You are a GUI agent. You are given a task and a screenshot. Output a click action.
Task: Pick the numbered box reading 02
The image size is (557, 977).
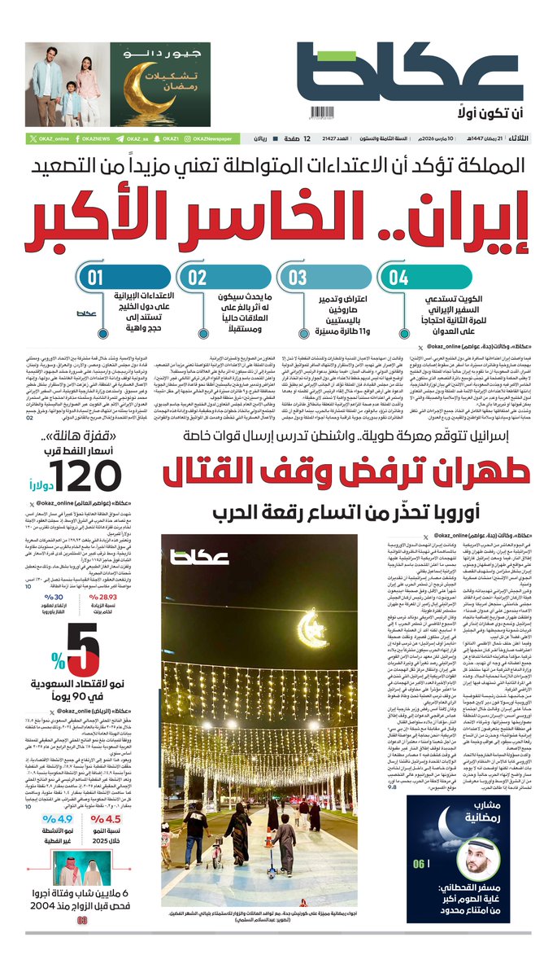198,278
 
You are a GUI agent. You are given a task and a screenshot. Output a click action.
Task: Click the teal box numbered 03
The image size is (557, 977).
298,278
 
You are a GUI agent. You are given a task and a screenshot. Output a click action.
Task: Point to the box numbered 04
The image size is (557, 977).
398,278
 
